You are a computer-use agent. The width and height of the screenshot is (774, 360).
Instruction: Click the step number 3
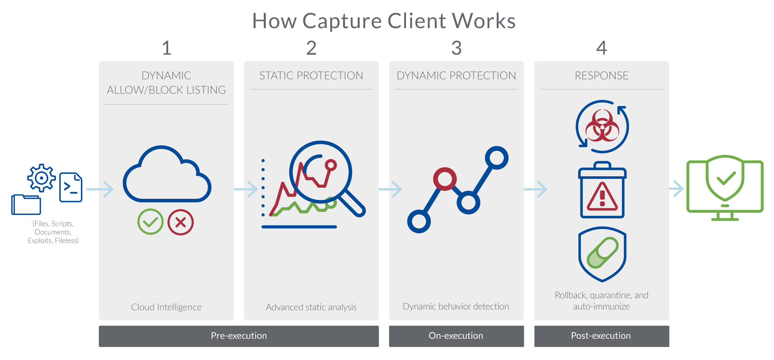pyautogui.click(x=456, y=48)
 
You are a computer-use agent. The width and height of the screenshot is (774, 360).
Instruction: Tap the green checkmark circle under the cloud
pyautogui.click(x=150, y=222)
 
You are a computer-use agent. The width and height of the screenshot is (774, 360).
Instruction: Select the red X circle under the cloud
pyautogui.click(x=180, y=222)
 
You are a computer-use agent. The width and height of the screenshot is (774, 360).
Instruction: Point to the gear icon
pyautogui.click(x=42, y=178)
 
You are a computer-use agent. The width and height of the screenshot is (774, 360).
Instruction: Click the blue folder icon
pyautogui.click(x=26, y=204)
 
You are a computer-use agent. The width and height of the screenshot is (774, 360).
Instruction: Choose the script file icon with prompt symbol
pyautogui.click(x=71, y=187)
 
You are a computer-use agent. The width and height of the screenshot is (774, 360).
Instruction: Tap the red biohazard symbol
pyautogui.click(x=602, y=125)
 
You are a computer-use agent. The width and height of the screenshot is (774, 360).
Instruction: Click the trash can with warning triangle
pyautogui.click(x=602, y=190)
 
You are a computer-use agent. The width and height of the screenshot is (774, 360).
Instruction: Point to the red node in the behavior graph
pyautogui.click(x=445, y=179)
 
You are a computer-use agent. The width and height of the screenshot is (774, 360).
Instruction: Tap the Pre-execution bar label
pyautogui.click(x=239, y=336)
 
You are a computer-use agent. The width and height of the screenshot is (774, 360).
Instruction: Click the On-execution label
pyautogui.click(x=456, y=336)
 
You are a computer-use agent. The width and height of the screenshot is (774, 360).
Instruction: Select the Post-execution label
pyautogui.click(x=601, y=336)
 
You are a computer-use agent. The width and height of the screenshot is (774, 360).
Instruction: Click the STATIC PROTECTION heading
pyautogui.click(x=311, y=75)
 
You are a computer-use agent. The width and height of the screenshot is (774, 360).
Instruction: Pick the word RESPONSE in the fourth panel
pyautogui.click(x=602, y=75)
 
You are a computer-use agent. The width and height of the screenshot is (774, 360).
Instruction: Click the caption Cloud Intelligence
pyautogui.click(x=166, y=307)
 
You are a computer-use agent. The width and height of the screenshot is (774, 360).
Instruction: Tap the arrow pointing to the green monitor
pyautogui.click(x=676, y=189)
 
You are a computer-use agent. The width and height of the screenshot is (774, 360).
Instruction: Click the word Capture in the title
pyautogui.click(x=342, y=21)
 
